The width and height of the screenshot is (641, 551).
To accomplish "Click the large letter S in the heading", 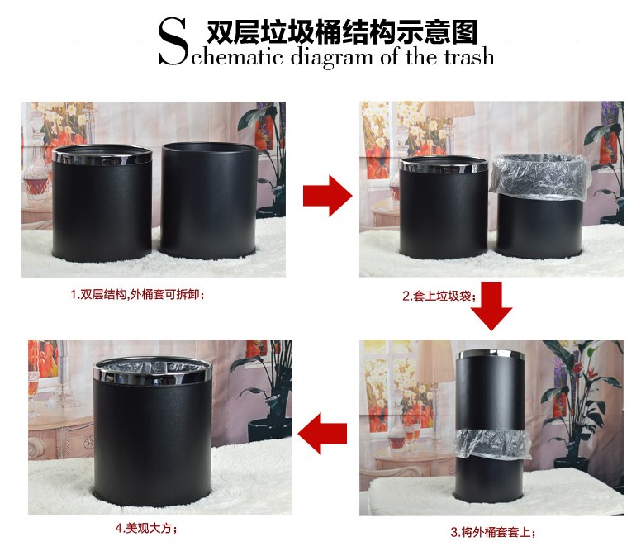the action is [x=173, y=40].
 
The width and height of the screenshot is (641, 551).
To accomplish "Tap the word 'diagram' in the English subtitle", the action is [x=331, y=57].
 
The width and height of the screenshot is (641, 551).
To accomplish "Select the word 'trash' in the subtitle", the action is [x=469, y=56].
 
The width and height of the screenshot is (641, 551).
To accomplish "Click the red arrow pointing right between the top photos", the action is [x=327, y=196].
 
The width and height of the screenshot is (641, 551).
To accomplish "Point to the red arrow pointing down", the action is [x=491, y=306].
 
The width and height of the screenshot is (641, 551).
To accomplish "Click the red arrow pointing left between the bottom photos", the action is [x=322, y=433].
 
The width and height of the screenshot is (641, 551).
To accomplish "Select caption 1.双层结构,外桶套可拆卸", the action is [x=137, y=294].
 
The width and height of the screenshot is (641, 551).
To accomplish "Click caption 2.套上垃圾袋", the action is [x=439, y=296].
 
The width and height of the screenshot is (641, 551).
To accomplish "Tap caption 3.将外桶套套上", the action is [x=492, y=532].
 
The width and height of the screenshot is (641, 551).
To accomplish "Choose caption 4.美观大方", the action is [x=146, y=528].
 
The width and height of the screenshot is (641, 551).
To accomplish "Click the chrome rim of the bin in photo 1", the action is [x=102, y=155].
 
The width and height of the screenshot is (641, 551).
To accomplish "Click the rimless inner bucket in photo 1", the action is [x=209, y=200].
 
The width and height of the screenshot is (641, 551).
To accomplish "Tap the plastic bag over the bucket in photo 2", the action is [x=539, y=177].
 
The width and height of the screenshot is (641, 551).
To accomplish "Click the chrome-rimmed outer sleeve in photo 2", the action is [x=444, y=207].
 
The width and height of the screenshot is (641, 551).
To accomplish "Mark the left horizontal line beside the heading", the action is [x=108, y=40].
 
